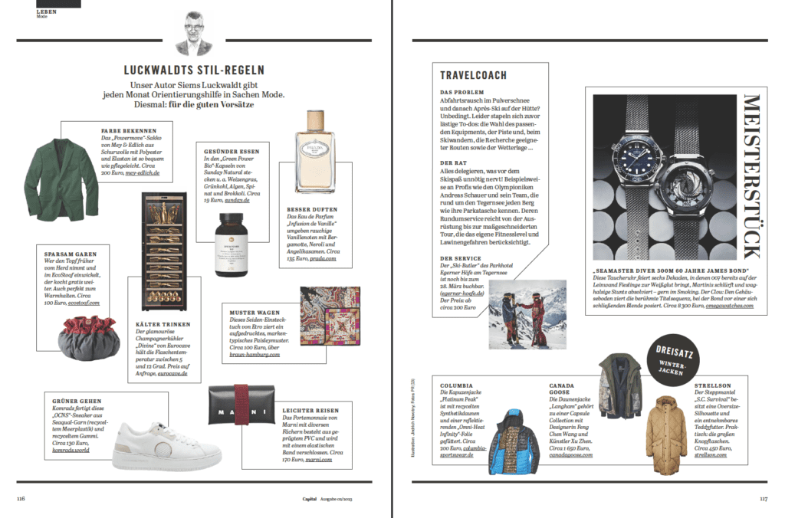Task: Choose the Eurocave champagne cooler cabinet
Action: [x=166, y=248]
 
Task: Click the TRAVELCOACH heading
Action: [x=473, y=75]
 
